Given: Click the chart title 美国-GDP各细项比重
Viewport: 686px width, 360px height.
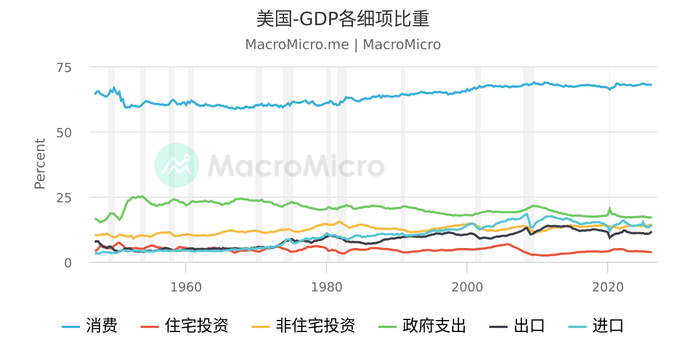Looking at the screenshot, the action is (342, 19).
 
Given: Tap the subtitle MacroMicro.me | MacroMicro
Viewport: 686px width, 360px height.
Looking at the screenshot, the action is (342, 45).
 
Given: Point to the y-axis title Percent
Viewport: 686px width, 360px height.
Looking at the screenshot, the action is (40, 164).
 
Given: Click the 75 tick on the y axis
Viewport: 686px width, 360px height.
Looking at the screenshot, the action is (64, 67).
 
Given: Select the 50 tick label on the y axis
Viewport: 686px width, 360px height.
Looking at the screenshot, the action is (64, 133).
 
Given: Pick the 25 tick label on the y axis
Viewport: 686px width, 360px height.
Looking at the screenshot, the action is (64, 198).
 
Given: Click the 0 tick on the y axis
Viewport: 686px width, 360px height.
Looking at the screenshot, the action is (68, 263).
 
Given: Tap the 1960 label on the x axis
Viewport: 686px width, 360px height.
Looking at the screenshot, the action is (186, 287).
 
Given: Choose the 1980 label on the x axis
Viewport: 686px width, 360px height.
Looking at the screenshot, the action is (326, 287).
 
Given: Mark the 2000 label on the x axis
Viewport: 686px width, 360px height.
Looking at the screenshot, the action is (467, 287).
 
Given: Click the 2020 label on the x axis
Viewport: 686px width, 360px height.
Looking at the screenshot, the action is (608, 287).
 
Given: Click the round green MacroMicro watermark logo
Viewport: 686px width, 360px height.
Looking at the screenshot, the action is (177, 165).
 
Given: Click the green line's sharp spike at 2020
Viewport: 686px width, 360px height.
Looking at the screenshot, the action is (609, 209).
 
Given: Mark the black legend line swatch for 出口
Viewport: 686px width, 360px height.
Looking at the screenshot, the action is (498, 327).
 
